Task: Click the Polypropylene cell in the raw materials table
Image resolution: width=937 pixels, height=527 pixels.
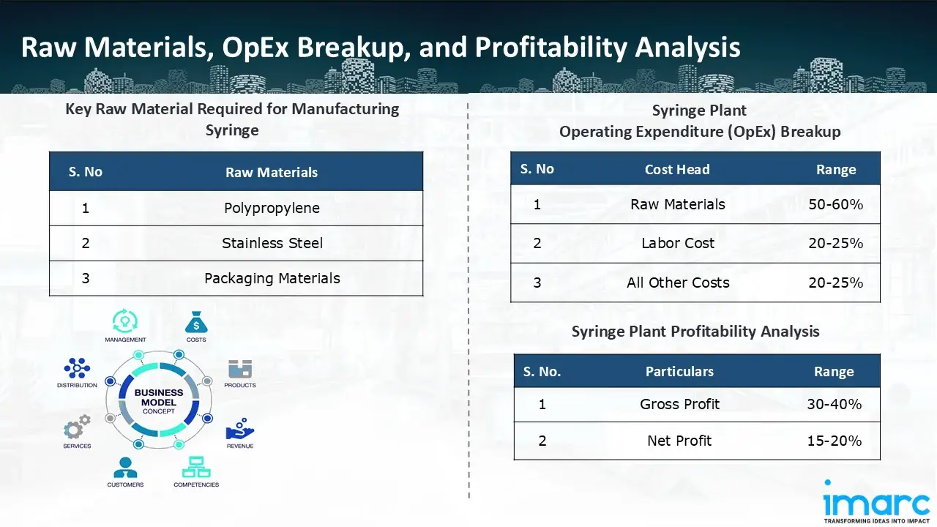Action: [272, 208]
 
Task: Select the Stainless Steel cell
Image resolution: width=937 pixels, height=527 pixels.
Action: [272, 243]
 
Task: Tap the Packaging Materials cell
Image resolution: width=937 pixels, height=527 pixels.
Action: [272, 278]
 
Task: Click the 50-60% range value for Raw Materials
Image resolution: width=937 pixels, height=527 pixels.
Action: [835, 204]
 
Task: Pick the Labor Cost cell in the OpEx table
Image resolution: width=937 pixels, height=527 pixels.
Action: [677, 243]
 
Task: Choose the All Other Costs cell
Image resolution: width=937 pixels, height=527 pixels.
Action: [677, 283]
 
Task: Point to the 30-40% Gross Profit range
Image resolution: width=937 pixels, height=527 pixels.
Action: [834, 404]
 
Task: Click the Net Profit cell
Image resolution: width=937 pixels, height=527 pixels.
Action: [679, 441]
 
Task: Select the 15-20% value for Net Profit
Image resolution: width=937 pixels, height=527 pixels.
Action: [834, 441]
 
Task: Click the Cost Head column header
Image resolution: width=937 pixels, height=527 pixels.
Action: [676, 169]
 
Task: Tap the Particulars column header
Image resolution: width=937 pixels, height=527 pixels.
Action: [679, 372]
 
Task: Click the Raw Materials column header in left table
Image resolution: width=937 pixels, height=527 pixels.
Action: [271, 173]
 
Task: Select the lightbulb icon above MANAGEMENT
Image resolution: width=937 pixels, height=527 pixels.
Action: [125, 321]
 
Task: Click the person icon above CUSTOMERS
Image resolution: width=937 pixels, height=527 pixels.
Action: [125, 467]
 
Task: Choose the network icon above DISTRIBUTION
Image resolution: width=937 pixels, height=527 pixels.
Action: [77, 367]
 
